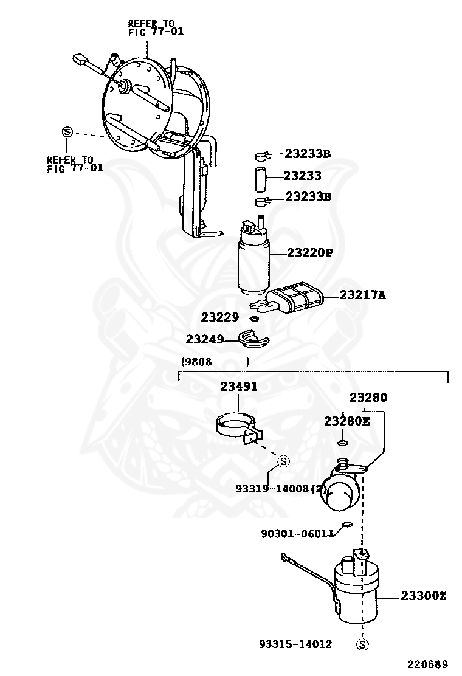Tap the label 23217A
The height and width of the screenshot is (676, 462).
(x=363, y=295)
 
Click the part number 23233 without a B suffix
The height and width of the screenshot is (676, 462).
(x=303, y=176)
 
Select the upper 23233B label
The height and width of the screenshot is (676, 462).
(x=308, y=154)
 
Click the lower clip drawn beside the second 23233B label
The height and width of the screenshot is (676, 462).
(x=262, y=201)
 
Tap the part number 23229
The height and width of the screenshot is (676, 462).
(x=220, y=317)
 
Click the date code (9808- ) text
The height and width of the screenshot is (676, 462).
(x=215, y=362)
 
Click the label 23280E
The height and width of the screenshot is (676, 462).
(x=346, y=421)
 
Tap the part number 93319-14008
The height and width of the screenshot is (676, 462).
(x=272, y=488)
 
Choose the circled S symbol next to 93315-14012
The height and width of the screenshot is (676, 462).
(x=362, y=644)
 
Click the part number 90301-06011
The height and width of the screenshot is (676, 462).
(x=297, y=534)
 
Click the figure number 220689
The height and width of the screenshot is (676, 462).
(x=428, y=664)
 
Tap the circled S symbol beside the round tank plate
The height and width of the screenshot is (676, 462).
(x=67, y=132)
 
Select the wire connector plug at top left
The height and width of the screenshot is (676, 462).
(x=79, y=60)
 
